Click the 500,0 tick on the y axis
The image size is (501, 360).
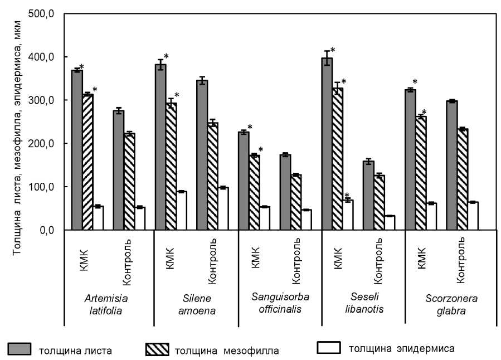[42, 14]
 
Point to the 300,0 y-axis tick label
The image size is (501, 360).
[42, 100]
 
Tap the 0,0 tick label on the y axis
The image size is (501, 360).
[46, 230]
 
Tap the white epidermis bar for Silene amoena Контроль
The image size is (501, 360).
[223, 209]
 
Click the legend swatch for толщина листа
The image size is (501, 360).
[20, 349]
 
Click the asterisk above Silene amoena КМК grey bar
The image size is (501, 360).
[166, 56]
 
